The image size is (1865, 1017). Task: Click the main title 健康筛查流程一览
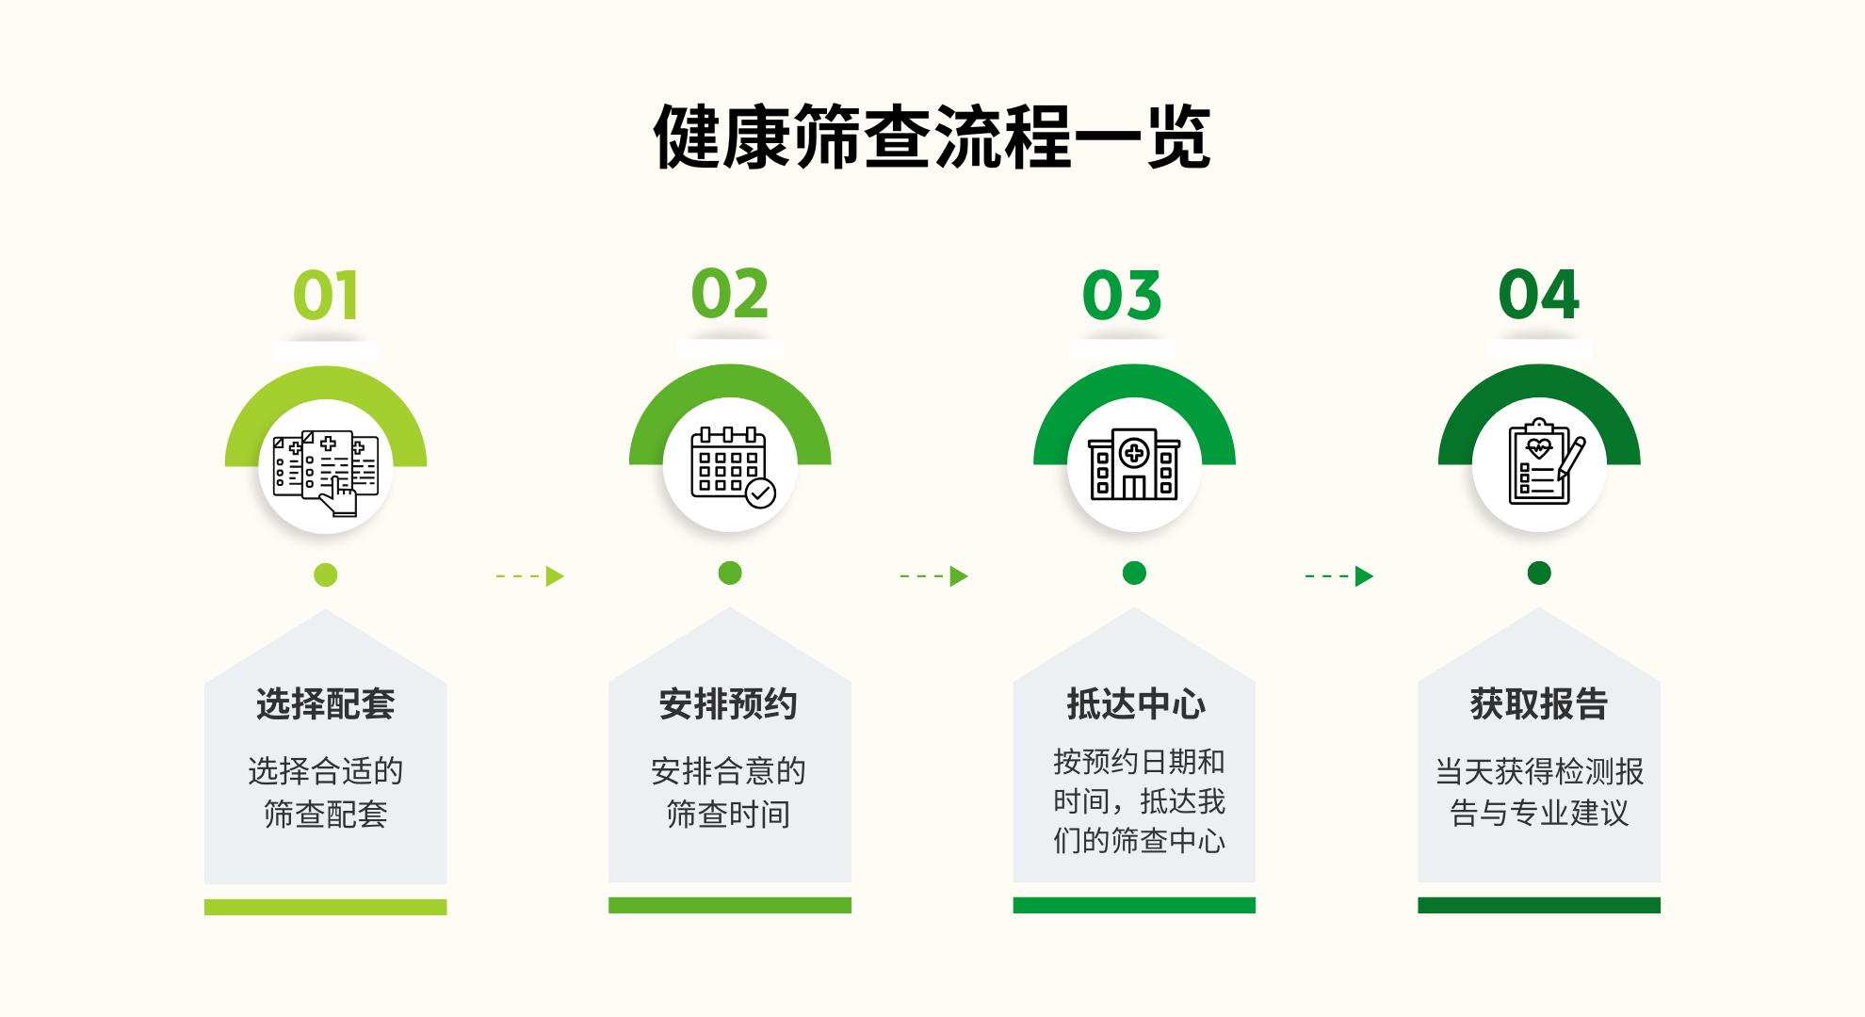[932, 137]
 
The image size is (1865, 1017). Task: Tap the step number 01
[326, 296]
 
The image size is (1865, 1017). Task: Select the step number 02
[730, 294]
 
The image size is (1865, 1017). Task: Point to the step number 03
[1122, 296]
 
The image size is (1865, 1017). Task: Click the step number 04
[1539, 295]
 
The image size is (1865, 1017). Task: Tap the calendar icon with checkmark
[733, 467]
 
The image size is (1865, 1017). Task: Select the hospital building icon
[1134, 463]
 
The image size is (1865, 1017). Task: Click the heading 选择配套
[326, 704]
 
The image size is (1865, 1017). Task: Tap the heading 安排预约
[729, 704]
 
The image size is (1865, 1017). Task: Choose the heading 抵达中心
[1135, 704]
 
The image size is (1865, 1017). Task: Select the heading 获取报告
[1539, 704]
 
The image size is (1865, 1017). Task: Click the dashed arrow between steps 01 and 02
[530, 575]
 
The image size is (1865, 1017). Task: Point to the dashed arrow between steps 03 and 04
[1339, 575]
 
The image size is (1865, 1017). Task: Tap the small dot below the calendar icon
[730, 573]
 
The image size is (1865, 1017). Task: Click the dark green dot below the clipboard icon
[1539, 573]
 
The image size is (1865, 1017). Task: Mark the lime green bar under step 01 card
[326, 907]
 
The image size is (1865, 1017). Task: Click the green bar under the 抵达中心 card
[1134, 905]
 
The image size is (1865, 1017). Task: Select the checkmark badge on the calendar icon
[761, 492]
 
